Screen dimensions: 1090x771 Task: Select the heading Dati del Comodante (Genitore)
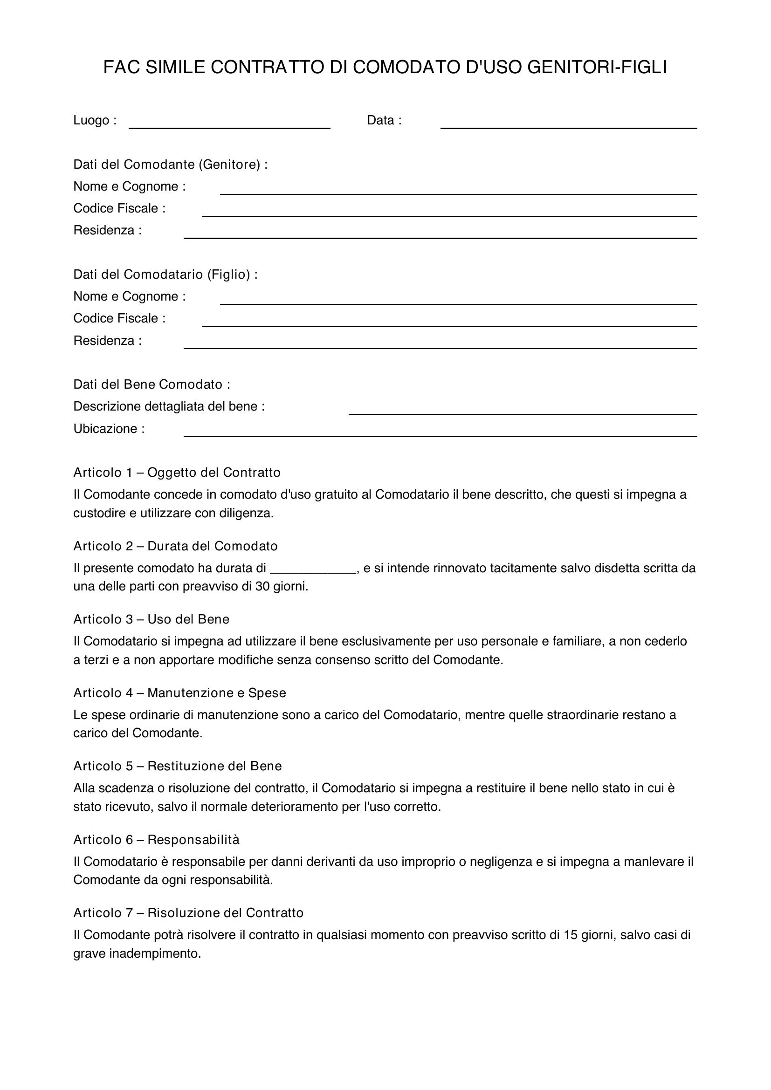coord(170,164)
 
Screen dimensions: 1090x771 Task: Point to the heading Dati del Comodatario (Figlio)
coord(165,274)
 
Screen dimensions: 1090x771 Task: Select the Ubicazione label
coord(108,429)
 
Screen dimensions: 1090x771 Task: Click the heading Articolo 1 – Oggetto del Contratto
coord(177,473)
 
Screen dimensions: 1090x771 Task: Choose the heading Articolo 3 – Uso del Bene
coord(151,619)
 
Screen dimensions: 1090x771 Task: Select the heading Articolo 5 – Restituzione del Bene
coord(177,766)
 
